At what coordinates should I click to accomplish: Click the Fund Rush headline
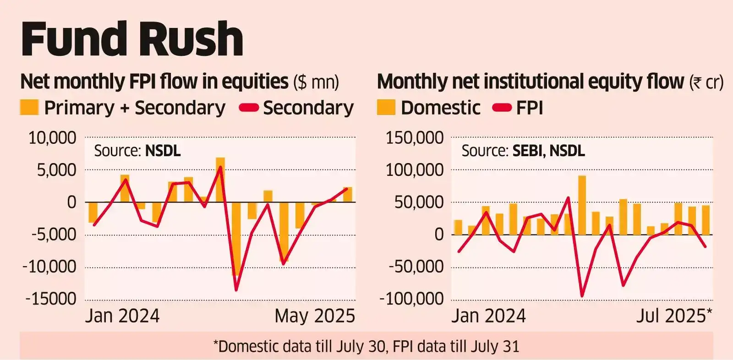pos(132,39)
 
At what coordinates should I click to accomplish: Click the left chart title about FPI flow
pos(179,82)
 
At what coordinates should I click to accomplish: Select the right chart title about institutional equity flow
pos(550,82)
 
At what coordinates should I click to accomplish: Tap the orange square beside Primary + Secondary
pos(29,108)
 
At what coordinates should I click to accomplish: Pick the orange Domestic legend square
pos(386,108)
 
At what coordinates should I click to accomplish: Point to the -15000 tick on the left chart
pos(51,299)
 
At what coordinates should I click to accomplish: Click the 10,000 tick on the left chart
pos(52,138)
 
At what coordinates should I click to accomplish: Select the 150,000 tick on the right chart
pos(415,138)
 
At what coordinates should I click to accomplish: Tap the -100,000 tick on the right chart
pos(412,299)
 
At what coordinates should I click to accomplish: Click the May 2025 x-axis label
pos(315,316)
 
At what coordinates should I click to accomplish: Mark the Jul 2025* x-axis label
pos(674,316)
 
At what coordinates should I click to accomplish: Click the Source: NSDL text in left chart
pos(137,151)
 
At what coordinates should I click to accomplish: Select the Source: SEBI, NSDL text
pos(523,151)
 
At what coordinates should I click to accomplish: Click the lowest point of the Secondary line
pos(236,290)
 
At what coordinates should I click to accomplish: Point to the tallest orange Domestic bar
pos(582,205)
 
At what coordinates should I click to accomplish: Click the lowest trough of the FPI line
pos(582,296)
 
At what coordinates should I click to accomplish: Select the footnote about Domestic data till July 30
pos(366,346)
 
